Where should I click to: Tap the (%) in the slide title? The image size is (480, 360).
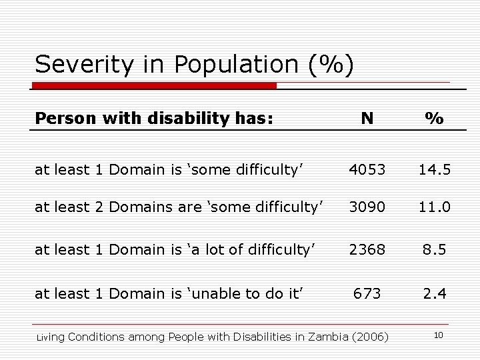coord(331,65)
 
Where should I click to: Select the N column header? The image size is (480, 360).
coord(367,118)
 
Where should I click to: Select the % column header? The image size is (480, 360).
coord(435,118)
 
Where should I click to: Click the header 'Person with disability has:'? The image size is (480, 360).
coord(154,118)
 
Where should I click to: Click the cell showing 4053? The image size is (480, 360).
coord(367,171)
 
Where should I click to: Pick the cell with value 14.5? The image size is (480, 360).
coord(435,171)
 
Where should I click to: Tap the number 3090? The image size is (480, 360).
coord(367,207)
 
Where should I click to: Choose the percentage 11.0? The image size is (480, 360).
coord(435,207)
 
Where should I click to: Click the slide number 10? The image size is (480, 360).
coord(438,335)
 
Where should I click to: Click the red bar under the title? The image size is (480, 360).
coord(153,86)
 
